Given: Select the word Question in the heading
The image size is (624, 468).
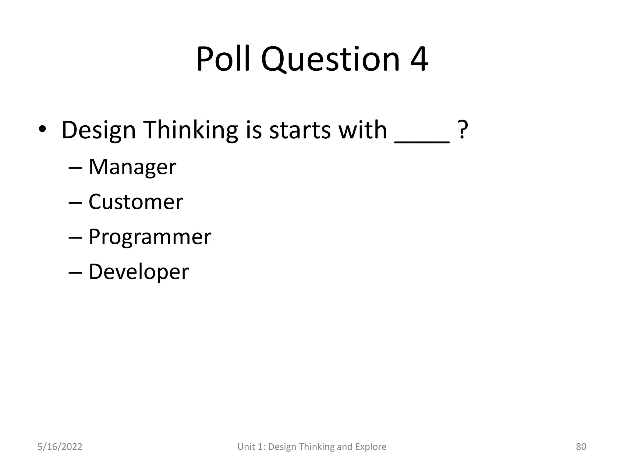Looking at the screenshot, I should point(330,59).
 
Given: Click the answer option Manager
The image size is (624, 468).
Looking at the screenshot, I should point(132,167).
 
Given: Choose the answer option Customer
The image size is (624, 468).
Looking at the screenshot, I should point(136,202).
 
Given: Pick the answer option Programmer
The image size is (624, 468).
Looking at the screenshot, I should point(150,237).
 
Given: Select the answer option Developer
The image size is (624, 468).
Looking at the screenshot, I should point(139,272).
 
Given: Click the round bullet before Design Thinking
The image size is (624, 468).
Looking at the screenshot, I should point(42,129).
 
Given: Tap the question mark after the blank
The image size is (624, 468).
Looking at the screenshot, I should point(463,130).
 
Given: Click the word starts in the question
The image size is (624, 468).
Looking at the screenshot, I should point(300,130).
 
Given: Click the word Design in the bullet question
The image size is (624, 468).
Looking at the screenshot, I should point(98,130).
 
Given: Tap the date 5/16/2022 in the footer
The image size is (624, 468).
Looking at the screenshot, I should point(60,447).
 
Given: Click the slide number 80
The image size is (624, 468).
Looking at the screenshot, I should point(581,447).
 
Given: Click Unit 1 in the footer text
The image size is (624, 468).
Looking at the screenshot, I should point(251,447).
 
